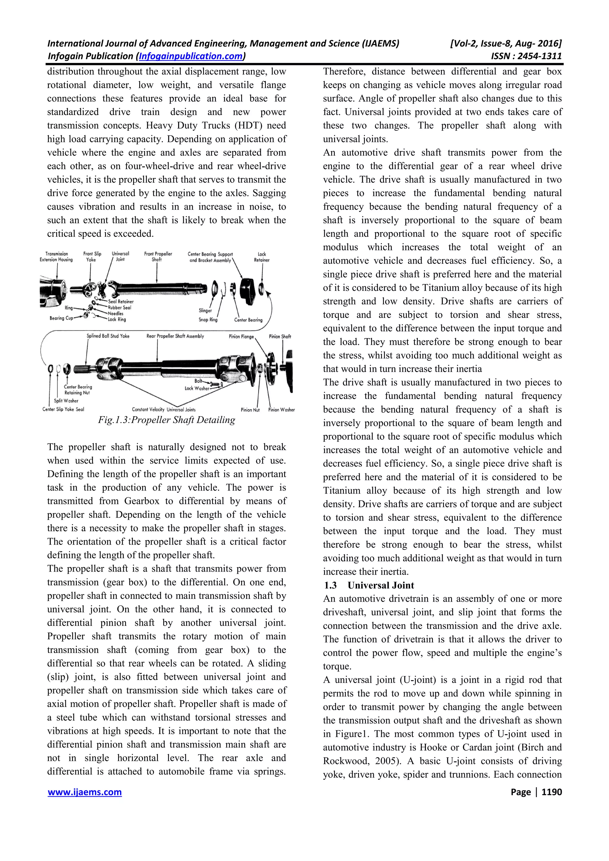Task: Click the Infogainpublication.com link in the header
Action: tap(190, 56)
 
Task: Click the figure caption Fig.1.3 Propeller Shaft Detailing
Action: tap(166, 420)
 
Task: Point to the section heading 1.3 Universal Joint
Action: tap(370, 585)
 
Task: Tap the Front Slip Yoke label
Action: tap(92, 256)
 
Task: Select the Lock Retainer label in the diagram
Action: tap(262, 257)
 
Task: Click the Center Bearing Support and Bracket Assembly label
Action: tap(210, 257)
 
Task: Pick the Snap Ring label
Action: tap(208, 320)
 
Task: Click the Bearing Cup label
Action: tap(61, 318)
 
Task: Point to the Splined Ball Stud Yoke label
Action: tap(108, 336)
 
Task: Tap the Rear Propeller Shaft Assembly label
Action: tap(175, 336)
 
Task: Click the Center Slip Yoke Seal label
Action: tap(63, 409)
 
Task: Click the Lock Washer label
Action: tap(196, 389)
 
